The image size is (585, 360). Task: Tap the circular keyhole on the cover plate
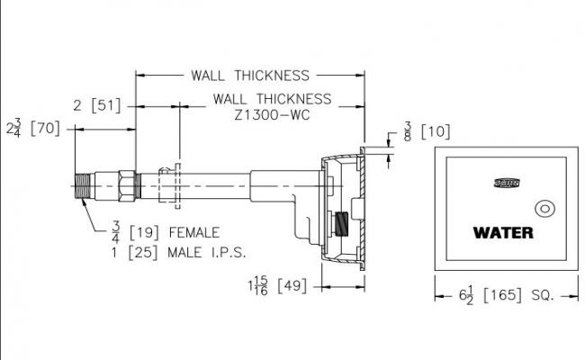pos(545,210)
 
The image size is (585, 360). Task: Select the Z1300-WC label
pos(272,114)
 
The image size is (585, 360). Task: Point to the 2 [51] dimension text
pos(97,106)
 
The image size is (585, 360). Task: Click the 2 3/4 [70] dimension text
pos(36,128)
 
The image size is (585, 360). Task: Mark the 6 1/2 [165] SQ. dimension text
pos(506,294)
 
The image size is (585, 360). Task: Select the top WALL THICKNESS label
pos(249,76)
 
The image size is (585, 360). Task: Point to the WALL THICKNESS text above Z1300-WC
pos(272,98)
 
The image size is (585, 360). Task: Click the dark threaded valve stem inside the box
pos(342,225)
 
